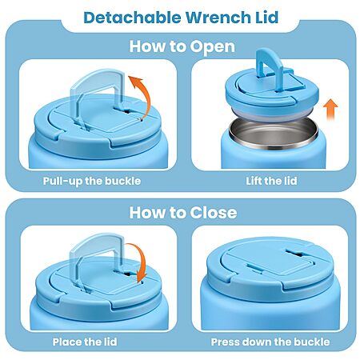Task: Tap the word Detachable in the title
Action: [x=132, y=18]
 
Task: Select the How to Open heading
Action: [x=182, y=46]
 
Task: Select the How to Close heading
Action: [x=183, y=213]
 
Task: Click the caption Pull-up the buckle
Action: [x=92, y=181]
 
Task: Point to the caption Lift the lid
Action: [x=271, y=181]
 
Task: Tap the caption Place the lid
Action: [x=85, y=342]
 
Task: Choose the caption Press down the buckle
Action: [x=270, y=342]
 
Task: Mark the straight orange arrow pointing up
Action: [x=330, y=110]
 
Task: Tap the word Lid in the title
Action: [x=266, y=18]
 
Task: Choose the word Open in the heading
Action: [x=213, y=47]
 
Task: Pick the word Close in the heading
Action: [x=214, y=213]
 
